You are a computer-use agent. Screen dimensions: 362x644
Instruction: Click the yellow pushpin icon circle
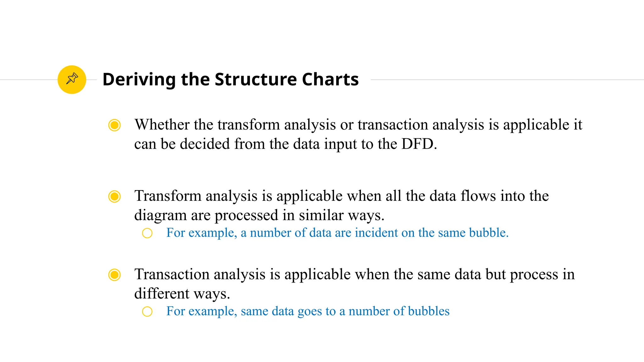pyautogui.click(x=72, y=80)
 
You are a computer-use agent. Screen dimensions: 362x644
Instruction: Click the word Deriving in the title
pyautogui.click(x=139, y=80)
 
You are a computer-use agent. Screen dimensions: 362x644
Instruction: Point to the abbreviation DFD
pyautogui.click(x=419, y=144)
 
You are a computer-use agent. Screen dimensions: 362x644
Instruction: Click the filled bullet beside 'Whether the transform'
pyautogui.click(x=114, y=125)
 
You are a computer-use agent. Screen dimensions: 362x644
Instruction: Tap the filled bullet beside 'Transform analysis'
pyautogui.click(x=114, y=196)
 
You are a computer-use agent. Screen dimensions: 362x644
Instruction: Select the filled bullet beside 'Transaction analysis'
pyautogui.click(x=114, y=275)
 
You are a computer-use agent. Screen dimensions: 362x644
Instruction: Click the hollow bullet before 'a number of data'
pyautogui.click(x=147, y=233)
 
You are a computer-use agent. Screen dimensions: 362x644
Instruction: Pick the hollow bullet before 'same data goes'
pyautogui.click(x=147, y=311)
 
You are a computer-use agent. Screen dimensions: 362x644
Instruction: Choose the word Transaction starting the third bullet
pyautogui.click(x=172, y=274)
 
